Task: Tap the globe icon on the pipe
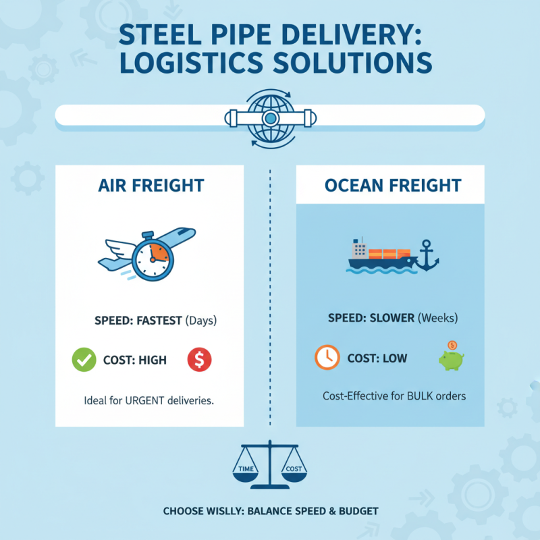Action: (270, 119)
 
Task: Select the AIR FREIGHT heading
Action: (149, 185)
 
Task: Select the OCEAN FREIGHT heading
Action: (390, 185)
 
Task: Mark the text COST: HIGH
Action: (135, 360)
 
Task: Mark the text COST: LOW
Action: (377, 358)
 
